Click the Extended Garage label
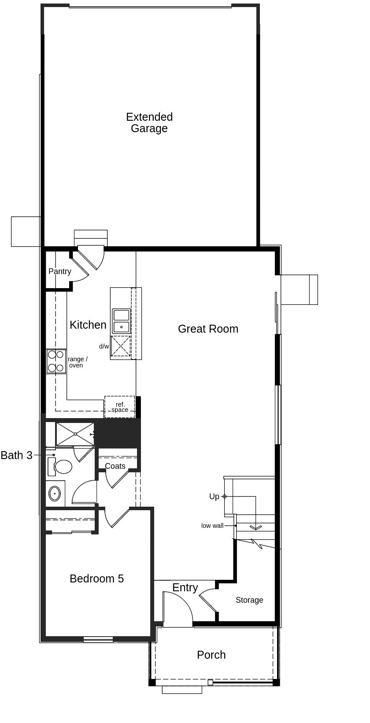coord(149,122)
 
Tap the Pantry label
coord(60,271)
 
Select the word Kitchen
coord(88,325)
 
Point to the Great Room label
coord(208,329)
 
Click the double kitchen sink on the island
coord(121,321)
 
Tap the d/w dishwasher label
coord(104,346)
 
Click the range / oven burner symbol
coord(56,361)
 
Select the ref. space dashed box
coord(120,407)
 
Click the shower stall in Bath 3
coord(75,434)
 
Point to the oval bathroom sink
coord(55,493)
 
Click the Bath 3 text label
coord(17,455)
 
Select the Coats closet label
coord(115,466)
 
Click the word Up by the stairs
coord(214,497)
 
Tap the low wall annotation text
coord(212,526)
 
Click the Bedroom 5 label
coord(96,578)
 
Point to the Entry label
coord(185,588)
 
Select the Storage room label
coord(249,600)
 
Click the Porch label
coord(211,655)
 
